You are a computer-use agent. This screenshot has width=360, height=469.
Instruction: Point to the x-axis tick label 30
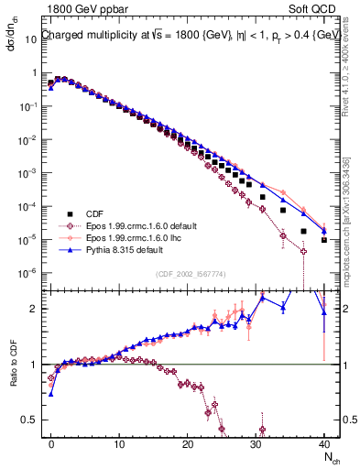[x=256, y=442]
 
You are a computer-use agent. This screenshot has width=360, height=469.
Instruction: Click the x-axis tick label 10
[x=119, y=442]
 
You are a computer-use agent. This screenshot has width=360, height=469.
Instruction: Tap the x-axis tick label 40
[x=323, y=442]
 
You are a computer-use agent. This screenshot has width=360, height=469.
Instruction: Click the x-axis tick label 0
[x=51, y=442]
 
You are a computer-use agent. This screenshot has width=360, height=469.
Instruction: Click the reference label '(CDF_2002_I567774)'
[x=191, y=274]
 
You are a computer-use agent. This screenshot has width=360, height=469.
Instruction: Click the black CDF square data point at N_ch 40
[x=324, y=240]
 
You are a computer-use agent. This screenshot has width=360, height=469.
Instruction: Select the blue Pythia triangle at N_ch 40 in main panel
[x=324, y=229]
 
